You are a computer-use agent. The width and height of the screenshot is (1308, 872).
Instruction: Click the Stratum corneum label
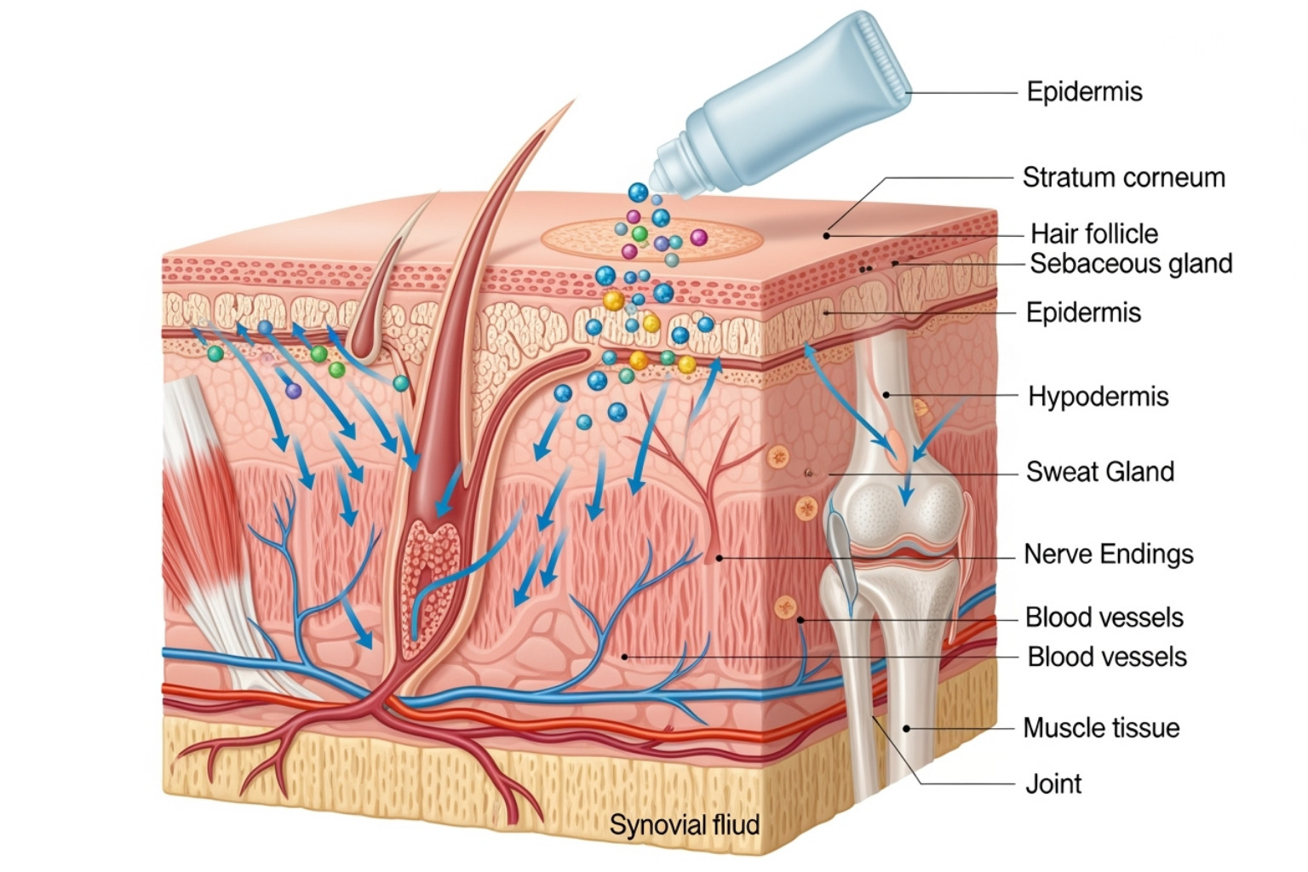click(x=1123, y=178)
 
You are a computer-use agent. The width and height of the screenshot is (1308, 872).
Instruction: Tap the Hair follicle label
click(x=1093, y=233)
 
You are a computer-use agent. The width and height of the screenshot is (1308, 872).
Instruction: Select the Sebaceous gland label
click(x=1131, y=264)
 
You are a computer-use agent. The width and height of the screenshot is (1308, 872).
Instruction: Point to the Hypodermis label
click(x=1098, y=397)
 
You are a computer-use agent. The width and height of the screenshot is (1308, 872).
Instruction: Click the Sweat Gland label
click(x=1099, y=472)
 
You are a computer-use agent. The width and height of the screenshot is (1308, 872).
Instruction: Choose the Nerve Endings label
click(x=1108, y=554)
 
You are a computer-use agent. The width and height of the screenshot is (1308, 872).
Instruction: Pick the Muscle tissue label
click(x=1101, y=728)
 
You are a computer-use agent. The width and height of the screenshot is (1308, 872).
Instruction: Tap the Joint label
click(x=1053, y=783)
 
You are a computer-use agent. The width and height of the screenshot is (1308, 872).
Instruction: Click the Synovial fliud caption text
click(x=684, y=825)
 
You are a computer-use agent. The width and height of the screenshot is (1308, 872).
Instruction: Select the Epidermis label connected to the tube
click(x=1084, y=92)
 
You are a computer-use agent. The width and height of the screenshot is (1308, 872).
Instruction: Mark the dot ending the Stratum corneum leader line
click(x=826, y=236)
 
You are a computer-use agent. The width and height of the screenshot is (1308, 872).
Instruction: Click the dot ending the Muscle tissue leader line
click(x=906, y=728)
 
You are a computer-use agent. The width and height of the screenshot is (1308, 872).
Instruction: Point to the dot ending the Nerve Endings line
click(x=719, y=558)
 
